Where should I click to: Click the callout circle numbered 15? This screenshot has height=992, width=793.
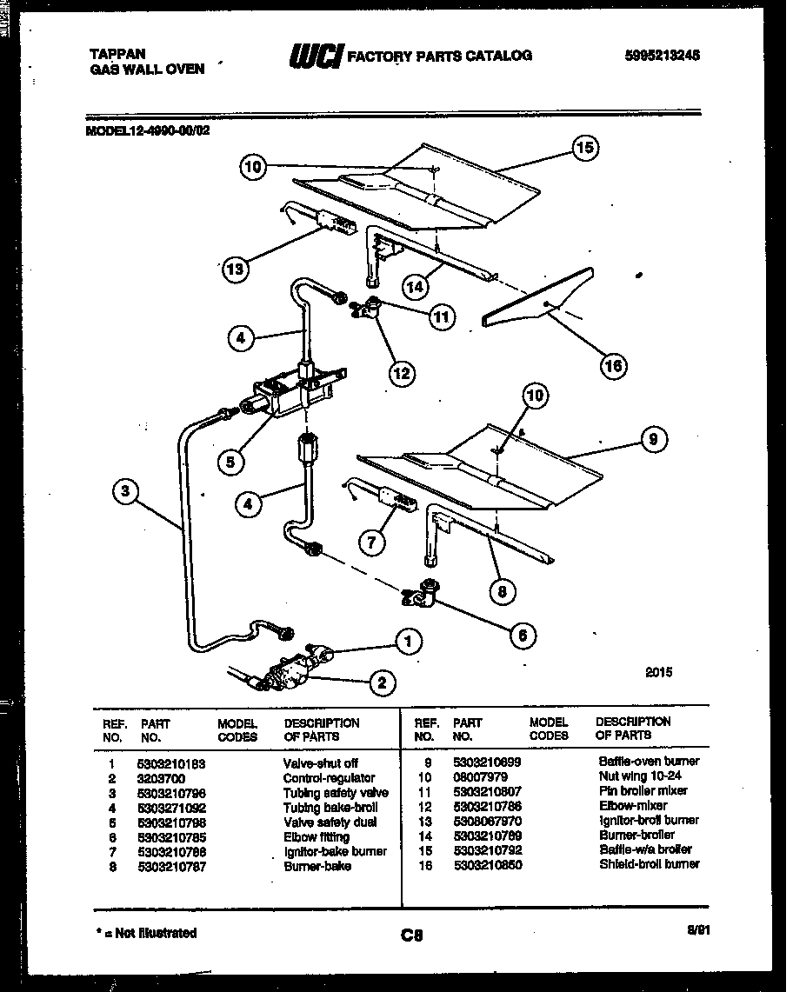(585, 148)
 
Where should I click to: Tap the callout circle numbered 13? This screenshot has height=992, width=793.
(236, 269)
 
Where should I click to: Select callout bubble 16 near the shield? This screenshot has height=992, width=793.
(613, 366)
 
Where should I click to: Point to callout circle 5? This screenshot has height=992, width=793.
(230, 463)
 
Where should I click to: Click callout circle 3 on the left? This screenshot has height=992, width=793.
(126, 492)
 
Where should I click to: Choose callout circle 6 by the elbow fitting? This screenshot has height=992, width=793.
(522, 635)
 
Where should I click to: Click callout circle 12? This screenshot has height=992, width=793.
(401, 374)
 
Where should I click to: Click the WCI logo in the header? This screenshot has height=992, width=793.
(316, 56)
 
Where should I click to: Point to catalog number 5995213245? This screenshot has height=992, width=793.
(662, 55)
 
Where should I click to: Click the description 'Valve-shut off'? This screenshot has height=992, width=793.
(320, 762)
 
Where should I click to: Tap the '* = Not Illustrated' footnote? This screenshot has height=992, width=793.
(145, 933)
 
